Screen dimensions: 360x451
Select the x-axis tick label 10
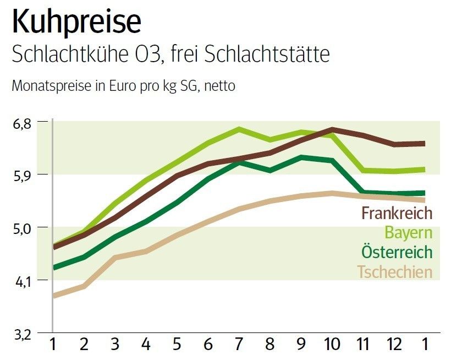coord(332,345)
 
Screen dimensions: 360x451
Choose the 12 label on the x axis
coord(393,345)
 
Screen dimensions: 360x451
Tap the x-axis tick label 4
coord(146,345)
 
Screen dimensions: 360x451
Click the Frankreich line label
coord(397,213)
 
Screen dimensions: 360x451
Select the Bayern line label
coord(408,233)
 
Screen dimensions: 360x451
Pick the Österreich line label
coord(397,252)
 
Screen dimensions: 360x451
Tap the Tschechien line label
coord(394,272)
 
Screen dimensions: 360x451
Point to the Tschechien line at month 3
coord(114,257)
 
